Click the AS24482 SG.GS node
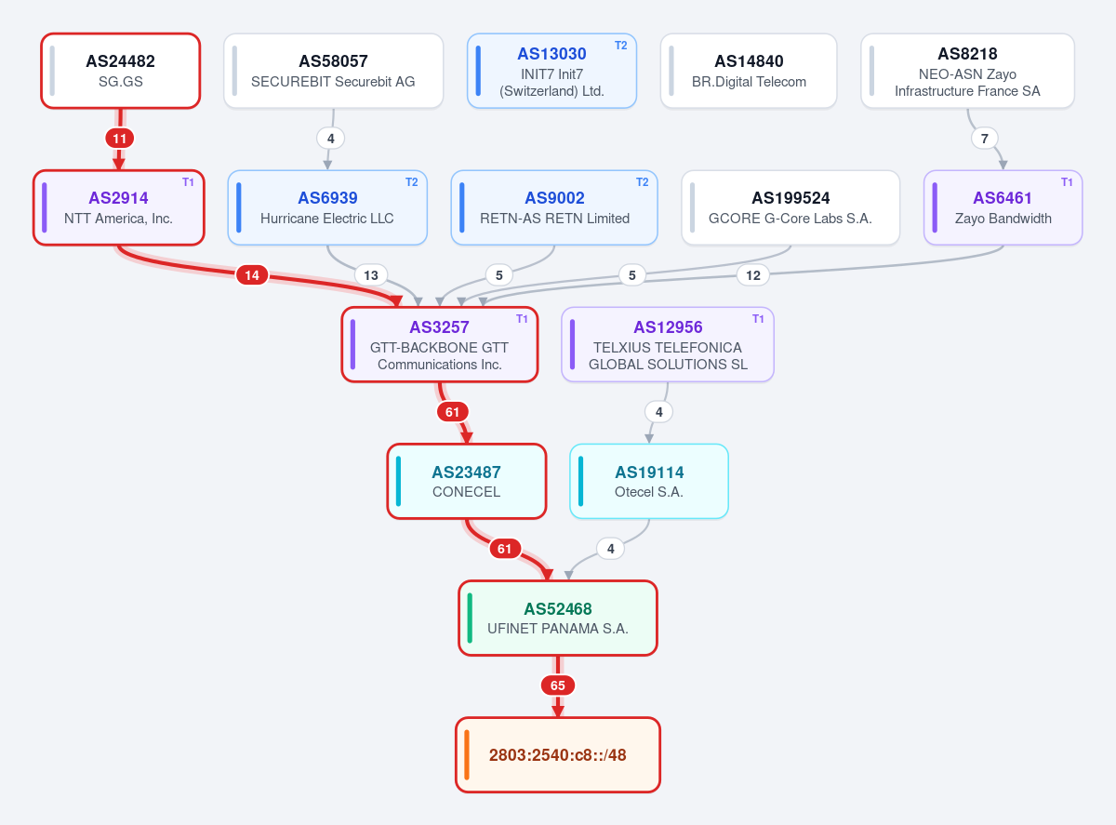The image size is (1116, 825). pos(121,71)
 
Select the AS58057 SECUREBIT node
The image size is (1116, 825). pos(333,71)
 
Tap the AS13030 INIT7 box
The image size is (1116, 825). pos(552,71)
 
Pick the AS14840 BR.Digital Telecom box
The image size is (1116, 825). pos(749,71)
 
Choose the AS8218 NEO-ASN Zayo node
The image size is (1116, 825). pos(967,71)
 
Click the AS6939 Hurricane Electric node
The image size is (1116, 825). pos(327,208)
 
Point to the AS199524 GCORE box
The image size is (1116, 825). pos(790,208)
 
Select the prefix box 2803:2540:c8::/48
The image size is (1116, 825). pos(558,755)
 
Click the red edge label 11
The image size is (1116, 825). pos(120,139)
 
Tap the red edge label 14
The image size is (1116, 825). pos(252,275)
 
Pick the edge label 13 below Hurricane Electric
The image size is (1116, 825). pos(371,275)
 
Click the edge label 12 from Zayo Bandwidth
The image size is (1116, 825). pos(752,275)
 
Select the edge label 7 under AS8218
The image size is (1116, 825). pos(985,139)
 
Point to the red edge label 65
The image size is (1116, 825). pos(557,685)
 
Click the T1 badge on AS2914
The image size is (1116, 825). pos(188,182)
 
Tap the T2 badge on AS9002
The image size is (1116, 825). pos(642,182)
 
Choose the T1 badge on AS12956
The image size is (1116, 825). pos(758,319)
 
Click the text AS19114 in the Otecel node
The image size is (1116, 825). pos(649,472)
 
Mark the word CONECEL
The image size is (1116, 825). pos(467,492)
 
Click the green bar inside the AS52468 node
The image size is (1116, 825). pos(470,619)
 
